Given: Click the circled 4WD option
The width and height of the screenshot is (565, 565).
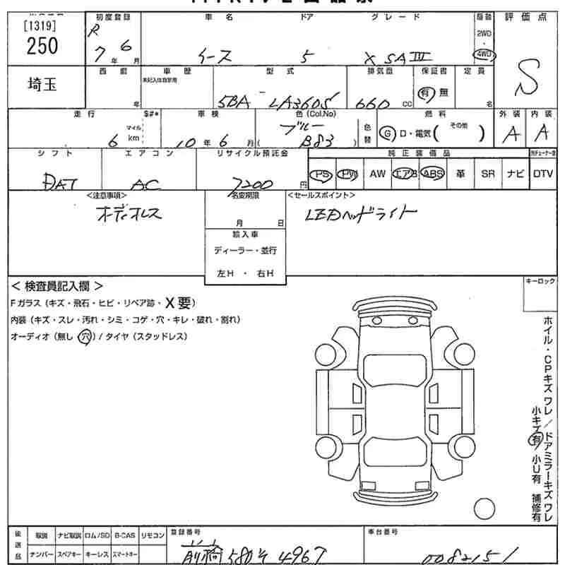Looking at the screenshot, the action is tap(484, 54).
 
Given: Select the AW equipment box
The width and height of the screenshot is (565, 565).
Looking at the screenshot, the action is tap(378, 174).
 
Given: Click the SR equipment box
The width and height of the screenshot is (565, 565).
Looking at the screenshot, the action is tap(488, 174).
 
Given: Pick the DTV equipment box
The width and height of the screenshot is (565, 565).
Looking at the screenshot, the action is tap(543, 174).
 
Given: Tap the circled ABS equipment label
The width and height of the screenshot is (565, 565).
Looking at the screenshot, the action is tap(432, 174).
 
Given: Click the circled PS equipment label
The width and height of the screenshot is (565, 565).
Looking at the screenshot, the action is tap(323, 174).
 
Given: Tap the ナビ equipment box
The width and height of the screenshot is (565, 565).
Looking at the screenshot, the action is tap(516, 174).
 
